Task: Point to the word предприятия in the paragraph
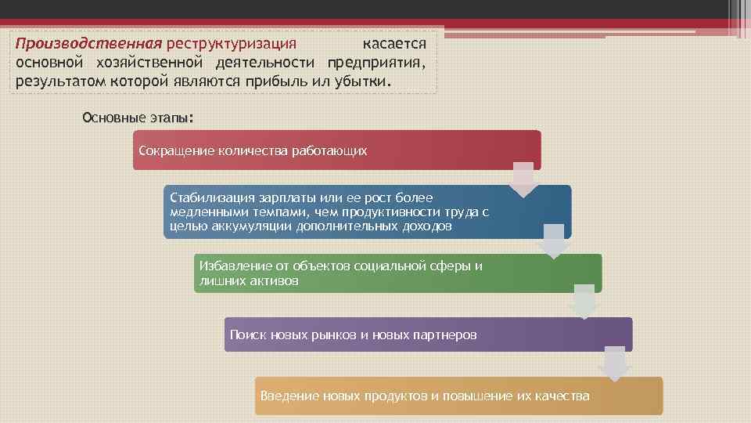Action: (377, 63)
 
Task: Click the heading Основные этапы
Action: (137, 118)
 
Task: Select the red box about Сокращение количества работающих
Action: (336, 150)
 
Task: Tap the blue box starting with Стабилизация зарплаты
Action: (368, 211)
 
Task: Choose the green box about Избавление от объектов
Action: (398, 273)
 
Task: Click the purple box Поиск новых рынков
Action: (428, 334)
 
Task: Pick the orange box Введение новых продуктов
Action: (458, 396)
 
